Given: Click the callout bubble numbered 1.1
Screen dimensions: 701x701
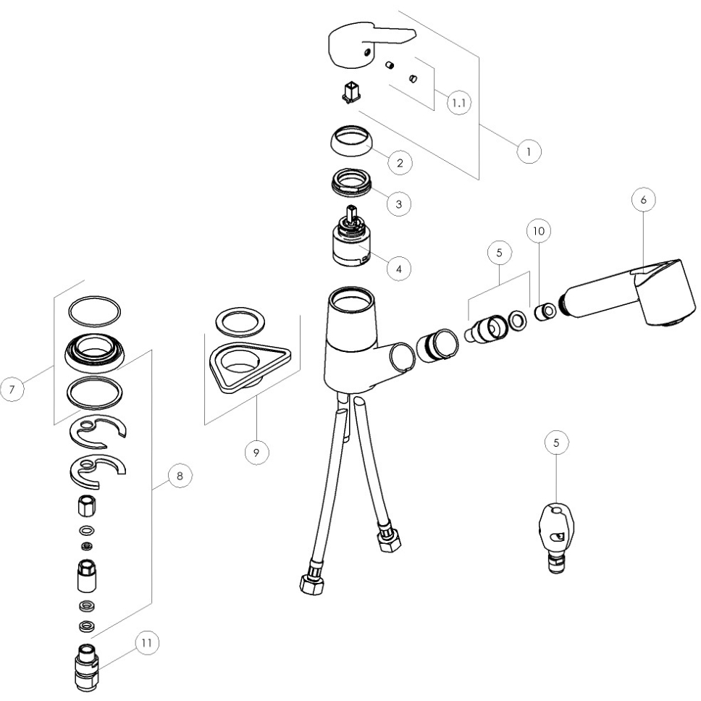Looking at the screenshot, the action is [x=459, y=103].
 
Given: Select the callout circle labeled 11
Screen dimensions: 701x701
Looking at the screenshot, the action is [x=146, y=643].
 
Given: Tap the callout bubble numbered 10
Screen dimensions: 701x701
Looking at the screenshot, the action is [x=539, y=231].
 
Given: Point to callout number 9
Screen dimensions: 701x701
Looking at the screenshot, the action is [x=256, y=453].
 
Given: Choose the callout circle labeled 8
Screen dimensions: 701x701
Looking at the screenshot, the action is [x=180, y=476].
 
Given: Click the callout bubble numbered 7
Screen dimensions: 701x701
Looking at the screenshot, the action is [x=12, y=389].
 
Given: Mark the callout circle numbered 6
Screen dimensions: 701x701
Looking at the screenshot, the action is [x=644, y=200].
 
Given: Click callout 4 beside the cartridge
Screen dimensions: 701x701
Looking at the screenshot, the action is [x=399, y=269].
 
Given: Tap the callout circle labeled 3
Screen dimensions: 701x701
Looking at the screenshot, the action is [x=399, y=204].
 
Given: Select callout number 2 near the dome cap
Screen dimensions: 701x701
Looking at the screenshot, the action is [x=400, y=163].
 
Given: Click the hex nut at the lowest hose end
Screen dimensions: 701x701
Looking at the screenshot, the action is [x=312, y=584].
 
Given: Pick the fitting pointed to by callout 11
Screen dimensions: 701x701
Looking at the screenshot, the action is [x=87, y=668].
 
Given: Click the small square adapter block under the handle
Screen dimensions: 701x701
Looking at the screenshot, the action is [x=351, y=93].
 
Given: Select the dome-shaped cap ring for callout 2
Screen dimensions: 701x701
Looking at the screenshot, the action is [x=351, y=140].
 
